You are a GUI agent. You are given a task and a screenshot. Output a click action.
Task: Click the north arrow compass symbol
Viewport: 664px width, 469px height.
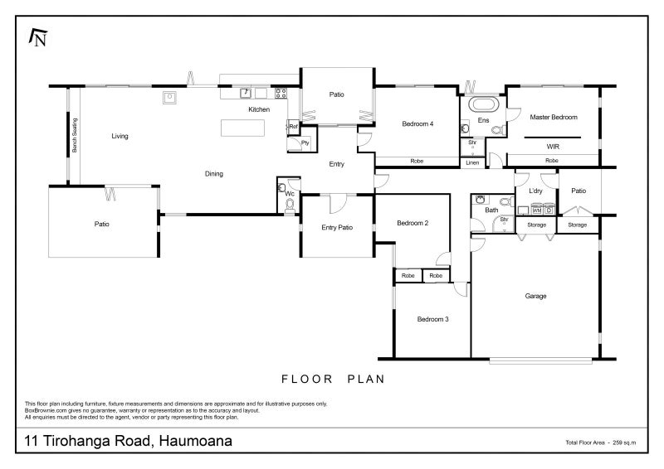[x=37, y=37]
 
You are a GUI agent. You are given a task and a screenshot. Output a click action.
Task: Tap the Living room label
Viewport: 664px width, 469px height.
[x=120, y=136]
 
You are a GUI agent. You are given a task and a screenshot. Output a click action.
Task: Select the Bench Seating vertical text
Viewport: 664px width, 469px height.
[x=74, y=137]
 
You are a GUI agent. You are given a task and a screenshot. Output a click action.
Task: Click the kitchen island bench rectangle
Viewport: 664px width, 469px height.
[x=242, y=128]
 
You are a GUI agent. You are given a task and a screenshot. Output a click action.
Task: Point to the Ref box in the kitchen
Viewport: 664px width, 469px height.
[x=293, y=126]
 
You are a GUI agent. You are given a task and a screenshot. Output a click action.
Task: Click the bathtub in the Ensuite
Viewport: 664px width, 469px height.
[x=482, y=105]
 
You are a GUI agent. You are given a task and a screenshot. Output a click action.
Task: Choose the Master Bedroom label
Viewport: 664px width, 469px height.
[x=553, y=118]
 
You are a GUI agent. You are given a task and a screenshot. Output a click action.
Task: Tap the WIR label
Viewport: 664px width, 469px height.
[x=553, y=146]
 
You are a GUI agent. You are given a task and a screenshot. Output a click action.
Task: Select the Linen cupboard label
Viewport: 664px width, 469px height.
[x=472, y=162]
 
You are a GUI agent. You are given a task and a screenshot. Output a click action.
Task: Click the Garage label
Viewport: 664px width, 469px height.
[x=535, y=296]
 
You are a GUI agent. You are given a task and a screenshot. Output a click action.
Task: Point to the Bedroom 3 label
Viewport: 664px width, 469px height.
[x=432, y=319]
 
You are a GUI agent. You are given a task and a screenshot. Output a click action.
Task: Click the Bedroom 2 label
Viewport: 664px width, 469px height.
[x=412, y=223]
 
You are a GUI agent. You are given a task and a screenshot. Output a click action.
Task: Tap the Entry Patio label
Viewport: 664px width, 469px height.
[x=336, y=228]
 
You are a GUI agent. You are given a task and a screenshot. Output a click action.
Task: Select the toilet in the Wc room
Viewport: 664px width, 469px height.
[x=289, y=203]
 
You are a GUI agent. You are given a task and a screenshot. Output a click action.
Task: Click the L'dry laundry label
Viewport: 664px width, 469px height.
[x=535, y=191]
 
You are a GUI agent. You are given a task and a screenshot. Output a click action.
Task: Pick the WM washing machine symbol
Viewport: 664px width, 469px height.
[x=536, y=210]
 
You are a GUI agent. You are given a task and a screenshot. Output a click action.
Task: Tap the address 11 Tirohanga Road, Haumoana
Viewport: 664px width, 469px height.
[x=129, y=442]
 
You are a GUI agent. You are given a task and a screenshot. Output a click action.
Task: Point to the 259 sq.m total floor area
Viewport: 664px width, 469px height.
[x=623, y=444]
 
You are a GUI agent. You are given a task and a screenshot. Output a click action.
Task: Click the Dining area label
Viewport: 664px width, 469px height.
[x=214, y=174]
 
